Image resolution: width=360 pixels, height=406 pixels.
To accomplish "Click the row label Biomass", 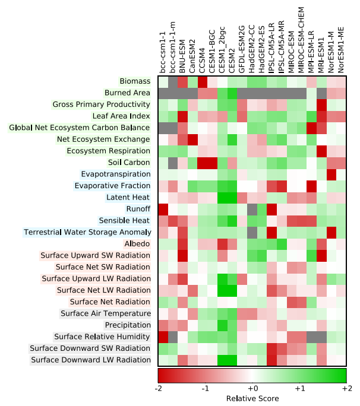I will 135,81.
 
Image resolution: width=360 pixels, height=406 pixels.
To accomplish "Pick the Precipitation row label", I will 128,325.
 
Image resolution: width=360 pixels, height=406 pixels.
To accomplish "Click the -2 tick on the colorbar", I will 159,387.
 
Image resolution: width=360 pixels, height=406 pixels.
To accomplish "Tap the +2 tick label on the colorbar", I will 345,387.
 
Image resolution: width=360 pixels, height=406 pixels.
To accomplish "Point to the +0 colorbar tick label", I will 252,387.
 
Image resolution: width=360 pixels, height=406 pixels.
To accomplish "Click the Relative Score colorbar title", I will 252,398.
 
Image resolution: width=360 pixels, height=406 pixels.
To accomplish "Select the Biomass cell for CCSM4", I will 203,81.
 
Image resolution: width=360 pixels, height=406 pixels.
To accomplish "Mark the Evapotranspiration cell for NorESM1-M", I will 331,174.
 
